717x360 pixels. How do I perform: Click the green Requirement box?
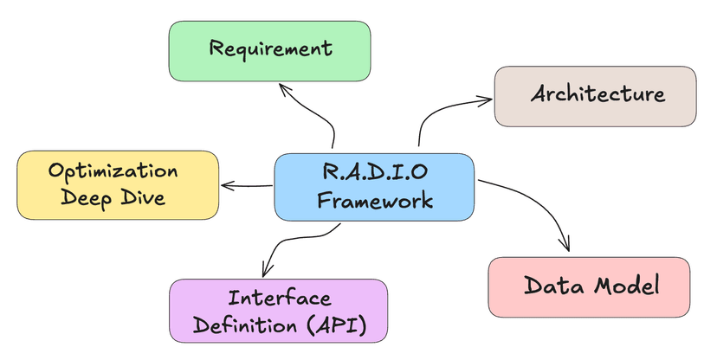point(268,50)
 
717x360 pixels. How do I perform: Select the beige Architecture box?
point(594,94)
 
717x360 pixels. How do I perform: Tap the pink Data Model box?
point(589,286)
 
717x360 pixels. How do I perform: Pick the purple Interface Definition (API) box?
point(277,312)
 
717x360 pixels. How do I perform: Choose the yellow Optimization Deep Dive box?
point(118,184)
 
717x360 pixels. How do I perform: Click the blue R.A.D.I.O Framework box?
point(374,186)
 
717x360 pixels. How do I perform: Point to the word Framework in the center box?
point(374,201)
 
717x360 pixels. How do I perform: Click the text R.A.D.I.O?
point(374,172)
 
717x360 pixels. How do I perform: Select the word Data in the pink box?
point(552,286)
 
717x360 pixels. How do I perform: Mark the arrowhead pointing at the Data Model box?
point(567,247)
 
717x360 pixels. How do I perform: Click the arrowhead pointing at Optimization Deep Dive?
point(225,184)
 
